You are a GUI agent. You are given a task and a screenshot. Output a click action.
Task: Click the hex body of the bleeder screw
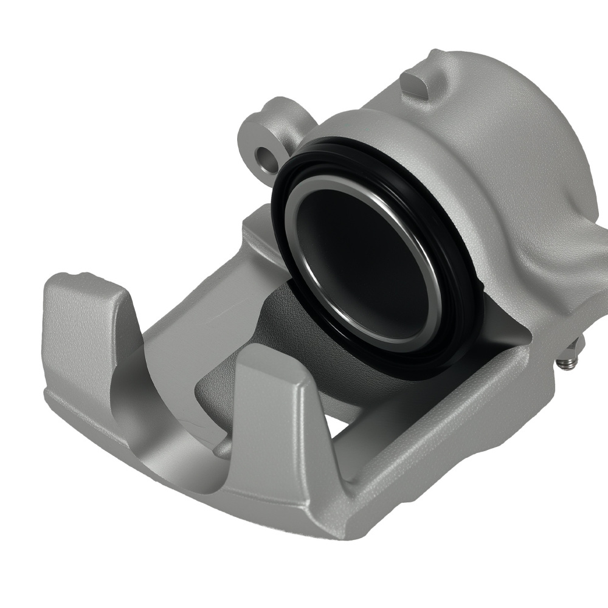point(575,350)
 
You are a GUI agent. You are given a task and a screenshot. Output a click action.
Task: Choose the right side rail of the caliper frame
point(462,426)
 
